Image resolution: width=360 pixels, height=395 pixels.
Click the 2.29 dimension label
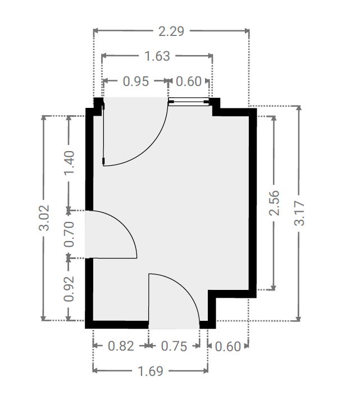pos(171,31)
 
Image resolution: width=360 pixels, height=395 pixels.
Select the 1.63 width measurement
pos(157,56)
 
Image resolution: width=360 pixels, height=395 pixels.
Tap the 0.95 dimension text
pos(136,81)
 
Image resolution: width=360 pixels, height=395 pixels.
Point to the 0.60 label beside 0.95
pos(189,81)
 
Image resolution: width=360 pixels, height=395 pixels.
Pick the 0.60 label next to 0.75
pos(228,346)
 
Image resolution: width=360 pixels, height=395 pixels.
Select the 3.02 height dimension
pos(44,218)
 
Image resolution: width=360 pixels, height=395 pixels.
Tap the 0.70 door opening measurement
pos(69,234)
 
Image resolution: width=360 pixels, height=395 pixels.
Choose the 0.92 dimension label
pos(69,289)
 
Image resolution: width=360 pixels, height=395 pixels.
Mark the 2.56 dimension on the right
pos(275,203)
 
